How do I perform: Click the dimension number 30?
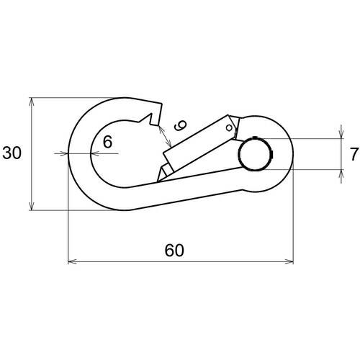coord(12,153)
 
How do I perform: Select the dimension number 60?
coord(174,251)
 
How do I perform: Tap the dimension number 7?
coord(354,154)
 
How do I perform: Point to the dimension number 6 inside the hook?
coord(107,142)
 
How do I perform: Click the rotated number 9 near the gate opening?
coord(180,125)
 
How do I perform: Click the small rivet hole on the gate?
coord(229,127)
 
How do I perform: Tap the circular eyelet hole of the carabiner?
coord(255,153)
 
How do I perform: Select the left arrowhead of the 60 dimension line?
coord(73,261)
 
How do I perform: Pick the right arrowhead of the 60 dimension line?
coord(289,261)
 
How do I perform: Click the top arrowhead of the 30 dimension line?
coord(31,102)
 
